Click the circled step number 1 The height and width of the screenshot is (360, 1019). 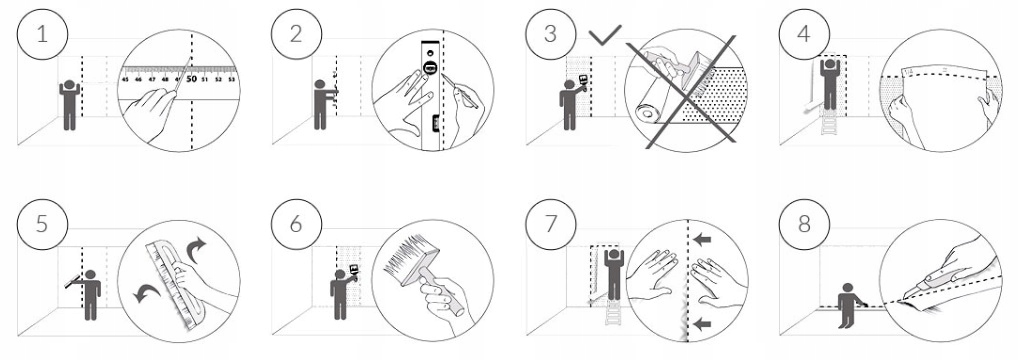pos(42,34)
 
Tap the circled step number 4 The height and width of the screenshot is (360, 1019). pos(805,34)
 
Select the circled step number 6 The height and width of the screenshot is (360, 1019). pos(296,224)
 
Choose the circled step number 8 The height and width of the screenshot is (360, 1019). pos(805,224)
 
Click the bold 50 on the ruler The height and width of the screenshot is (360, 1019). pos(191,79)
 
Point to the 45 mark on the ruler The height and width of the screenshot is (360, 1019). pos(125,80)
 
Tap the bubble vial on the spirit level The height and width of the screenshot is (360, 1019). pos(428,68)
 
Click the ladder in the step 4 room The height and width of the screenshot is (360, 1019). pos(830,121)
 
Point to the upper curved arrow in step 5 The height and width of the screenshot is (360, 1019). pos(196,250)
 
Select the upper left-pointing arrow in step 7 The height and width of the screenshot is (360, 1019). pos(702,240)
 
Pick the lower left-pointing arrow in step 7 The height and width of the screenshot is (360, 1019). pos(702,324)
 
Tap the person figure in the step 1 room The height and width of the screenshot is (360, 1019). pos(69,105)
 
